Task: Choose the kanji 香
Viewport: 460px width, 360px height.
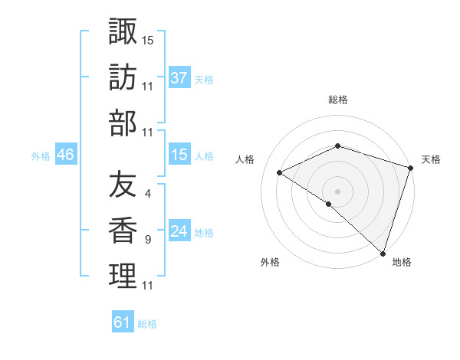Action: pos(123,231)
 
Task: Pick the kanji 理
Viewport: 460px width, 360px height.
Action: pos(123,277)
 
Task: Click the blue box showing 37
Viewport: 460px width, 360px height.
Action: pos(179,77)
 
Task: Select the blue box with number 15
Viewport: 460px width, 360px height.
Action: pos(179,155)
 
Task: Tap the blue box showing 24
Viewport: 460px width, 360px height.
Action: pos(179,231)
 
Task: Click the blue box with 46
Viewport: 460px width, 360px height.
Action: pos(65,155)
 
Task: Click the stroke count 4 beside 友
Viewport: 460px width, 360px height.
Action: pos(147,194)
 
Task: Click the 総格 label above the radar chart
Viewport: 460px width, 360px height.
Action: pos(337,100)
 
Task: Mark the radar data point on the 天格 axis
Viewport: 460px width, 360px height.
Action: pos(410,168)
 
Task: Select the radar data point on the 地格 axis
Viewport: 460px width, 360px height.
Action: pos(383,253)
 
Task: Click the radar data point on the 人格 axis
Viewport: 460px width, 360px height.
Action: pos(280,172)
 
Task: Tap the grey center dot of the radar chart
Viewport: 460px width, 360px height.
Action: pos(337,191)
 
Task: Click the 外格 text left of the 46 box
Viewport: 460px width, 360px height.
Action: pos(41,155)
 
